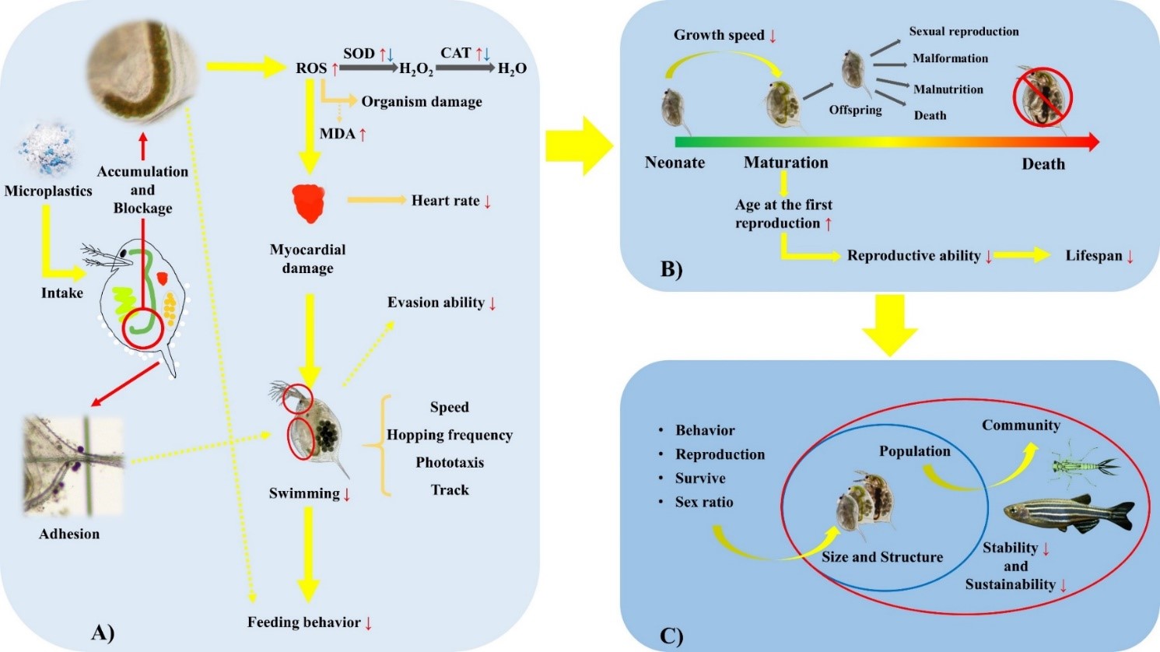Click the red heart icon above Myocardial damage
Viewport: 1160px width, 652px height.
click(309, 204)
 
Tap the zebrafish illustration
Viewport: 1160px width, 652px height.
click(1069, 513)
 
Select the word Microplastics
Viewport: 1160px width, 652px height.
click(48, 191)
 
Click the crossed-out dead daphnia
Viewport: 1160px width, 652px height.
click(1042, 98)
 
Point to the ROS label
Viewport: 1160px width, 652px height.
click(311, 68)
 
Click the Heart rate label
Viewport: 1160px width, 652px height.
click(445, 201)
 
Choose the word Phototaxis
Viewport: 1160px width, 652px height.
click(450, 462)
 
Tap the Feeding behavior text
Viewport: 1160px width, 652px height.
click(304, 622)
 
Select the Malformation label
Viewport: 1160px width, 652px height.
click(950, 58)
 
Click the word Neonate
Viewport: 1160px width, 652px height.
click(675, 163)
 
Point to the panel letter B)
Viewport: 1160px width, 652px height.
click(671, 270)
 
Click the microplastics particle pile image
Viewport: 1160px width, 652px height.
click(47, 149)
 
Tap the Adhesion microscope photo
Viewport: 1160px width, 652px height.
click(73, 466)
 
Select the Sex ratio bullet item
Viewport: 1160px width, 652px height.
click(704, 502)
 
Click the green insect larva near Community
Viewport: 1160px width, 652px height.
click(1083, 465)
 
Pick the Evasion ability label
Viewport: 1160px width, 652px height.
click(436, 303)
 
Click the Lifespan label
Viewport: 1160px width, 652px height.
click(1093, 255)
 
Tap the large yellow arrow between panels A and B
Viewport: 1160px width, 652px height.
click(579, 146)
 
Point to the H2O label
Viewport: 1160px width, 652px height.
click(512, 68)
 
